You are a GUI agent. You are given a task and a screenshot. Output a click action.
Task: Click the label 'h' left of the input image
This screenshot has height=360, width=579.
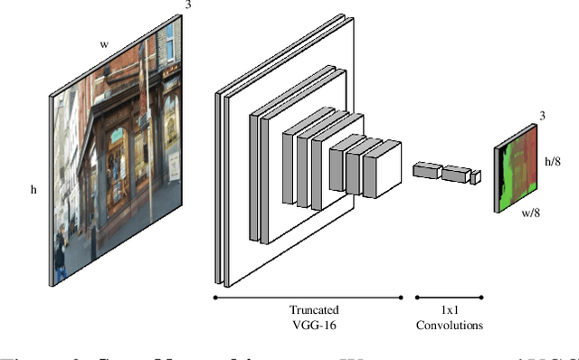[33, 189]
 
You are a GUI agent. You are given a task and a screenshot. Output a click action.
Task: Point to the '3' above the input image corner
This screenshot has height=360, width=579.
[188, 5]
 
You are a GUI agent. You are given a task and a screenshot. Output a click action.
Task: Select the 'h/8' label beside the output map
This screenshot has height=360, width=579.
[554, 160]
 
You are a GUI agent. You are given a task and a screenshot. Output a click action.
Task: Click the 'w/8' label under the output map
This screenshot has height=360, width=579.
[532, 213]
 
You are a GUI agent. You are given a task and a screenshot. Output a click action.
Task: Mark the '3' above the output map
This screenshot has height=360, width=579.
[542, 116]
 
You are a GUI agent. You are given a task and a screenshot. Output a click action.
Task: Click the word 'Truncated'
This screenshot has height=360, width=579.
[307, 308]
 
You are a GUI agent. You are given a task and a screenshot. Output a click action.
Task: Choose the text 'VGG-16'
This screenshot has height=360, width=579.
[307, 325]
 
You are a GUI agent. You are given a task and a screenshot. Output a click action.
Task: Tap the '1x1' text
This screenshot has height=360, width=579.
[449, 308]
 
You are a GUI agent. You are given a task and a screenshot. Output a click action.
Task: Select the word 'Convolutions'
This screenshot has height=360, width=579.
[449, 325]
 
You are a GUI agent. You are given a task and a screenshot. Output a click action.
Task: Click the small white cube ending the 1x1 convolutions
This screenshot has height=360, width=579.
[475, 178]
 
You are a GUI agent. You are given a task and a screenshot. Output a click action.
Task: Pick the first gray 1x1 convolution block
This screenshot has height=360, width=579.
[425, 168]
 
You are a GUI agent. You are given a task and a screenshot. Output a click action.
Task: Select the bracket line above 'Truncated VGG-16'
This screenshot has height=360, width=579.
[307, 296]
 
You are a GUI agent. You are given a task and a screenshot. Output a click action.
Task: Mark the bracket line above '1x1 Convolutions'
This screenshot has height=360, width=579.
[449, 296]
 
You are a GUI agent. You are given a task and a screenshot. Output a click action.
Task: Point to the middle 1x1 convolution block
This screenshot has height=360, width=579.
[455, 173]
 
